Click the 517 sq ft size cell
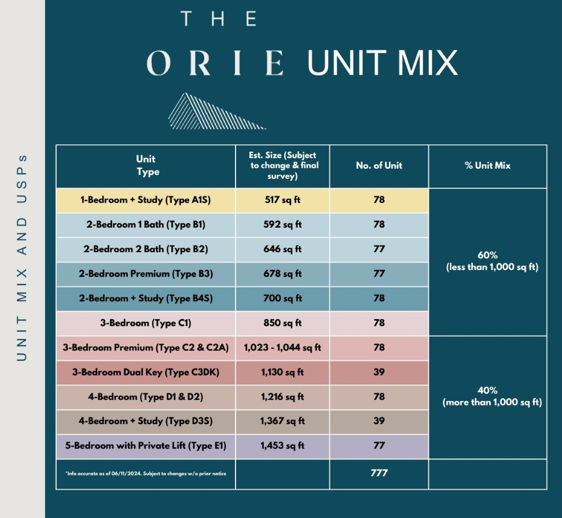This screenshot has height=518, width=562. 282,200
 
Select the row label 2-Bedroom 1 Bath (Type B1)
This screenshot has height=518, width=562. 145,225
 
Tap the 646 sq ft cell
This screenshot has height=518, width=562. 282,249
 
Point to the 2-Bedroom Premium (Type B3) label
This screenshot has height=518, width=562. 146,273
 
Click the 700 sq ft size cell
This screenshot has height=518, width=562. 282,298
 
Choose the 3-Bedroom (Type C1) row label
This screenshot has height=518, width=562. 145,323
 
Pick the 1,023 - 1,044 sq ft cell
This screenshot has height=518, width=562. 282,347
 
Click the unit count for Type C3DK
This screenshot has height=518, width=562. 379,372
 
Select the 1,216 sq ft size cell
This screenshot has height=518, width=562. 282,397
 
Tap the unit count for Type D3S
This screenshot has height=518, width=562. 379,421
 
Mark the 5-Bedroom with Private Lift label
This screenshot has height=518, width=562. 145,446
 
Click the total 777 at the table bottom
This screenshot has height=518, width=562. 379,473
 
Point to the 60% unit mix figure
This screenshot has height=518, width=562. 487,255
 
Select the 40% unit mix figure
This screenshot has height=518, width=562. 487,391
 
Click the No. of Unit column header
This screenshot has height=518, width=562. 379,165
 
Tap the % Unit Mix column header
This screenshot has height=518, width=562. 487,165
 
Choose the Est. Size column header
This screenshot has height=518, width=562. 283,165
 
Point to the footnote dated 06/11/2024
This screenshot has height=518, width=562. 145,473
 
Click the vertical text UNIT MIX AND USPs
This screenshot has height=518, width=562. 22,258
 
